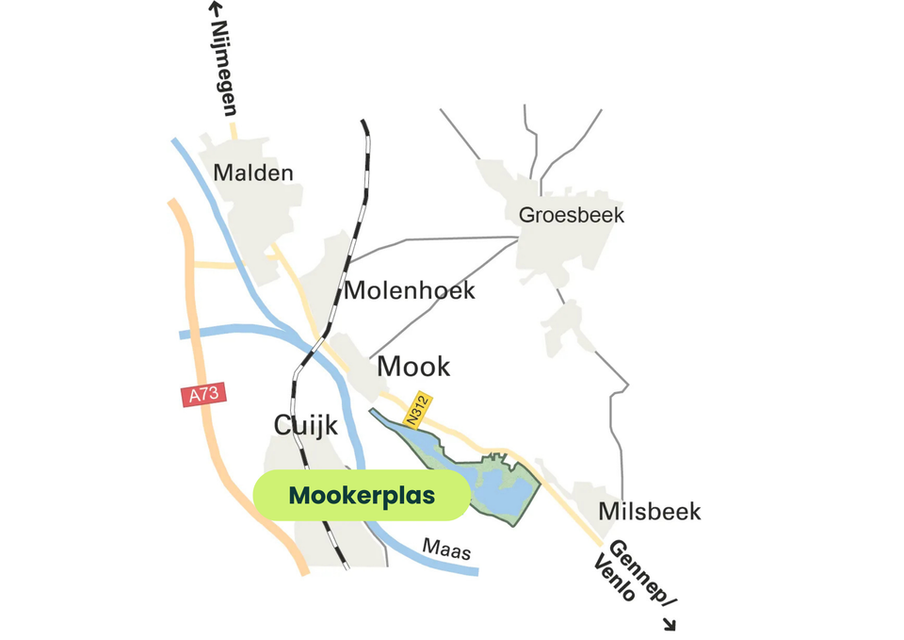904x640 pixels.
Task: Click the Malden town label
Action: [x=253, y=173]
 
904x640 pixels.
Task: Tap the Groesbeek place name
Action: [x=572, y=215]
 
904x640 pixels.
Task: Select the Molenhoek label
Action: [x=409, y=290]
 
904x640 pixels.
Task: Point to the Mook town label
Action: [x=413, y=366]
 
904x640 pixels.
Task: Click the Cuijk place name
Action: [x=305, y=425]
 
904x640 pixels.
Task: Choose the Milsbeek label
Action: [x=651, y=512]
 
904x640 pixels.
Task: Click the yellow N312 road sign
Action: [x=417, y=408]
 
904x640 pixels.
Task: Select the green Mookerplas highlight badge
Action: [x=362, y=496]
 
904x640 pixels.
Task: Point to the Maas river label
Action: [x=446, y=548]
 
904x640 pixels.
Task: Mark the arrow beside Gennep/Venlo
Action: [x=670, y=623]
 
